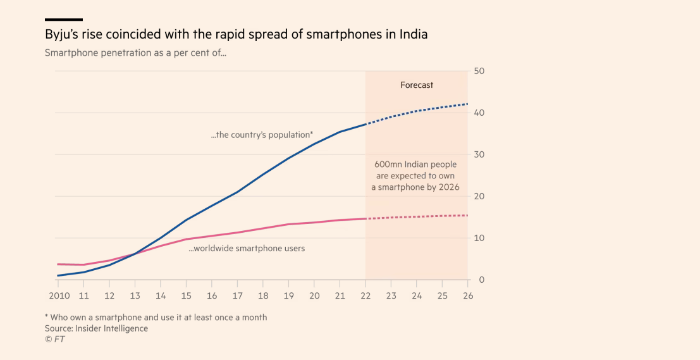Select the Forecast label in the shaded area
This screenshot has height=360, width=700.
click(417, 85)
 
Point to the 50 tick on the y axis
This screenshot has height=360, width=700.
click(479, 71)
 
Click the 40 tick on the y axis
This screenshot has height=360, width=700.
click(479, 113)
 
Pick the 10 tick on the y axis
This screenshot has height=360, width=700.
click(479, 238)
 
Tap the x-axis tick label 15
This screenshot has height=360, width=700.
click(186, 295)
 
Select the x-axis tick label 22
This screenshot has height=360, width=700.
click(365, 295)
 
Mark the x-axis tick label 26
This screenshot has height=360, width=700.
click(468, 295)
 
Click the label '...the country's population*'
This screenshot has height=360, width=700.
click(262, 135)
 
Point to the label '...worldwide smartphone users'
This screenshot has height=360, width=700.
click(247, 249)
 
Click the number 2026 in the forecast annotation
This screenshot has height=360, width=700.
click(448, 187)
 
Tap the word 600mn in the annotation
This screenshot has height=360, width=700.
click(386, 164)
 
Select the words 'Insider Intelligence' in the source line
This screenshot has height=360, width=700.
click(111, 328)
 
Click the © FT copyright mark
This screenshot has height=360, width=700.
click(54, 339)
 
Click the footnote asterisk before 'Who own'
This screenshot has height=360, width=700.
click(47, 317)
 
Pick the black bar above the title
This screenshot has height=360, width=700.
click(63, 20)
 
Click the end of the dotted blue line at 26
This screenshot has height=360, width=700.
click(467, 104)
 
